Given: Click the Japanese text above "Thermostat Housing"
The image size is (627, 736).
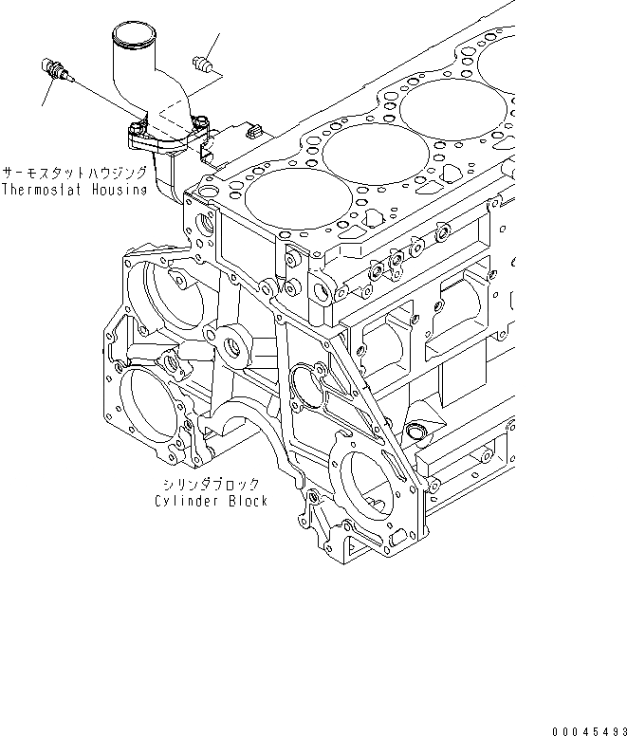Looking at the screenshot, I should [74, 174].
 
